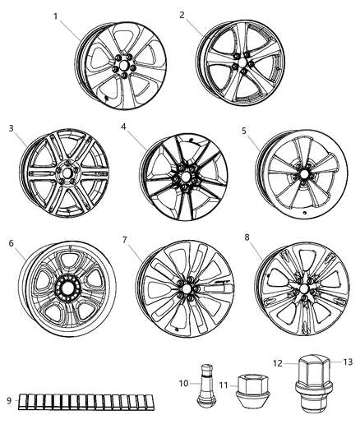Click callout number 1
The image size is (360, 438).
click(55, 16)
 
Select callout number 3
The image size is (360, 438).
click(12, 127)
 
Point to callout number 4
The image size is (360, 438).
click(122, 127)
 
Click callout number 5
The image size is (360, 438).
click(244, 130)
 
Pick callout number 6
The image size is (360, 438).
click(12, 243)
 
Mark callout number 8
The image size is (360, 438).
click(247, 238)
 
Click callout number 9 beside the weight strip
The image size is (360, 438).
click(9, 400)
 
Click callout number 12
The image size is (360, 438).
click(278, 362)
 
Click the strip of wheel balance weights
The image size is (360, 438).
click(83, 401)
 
